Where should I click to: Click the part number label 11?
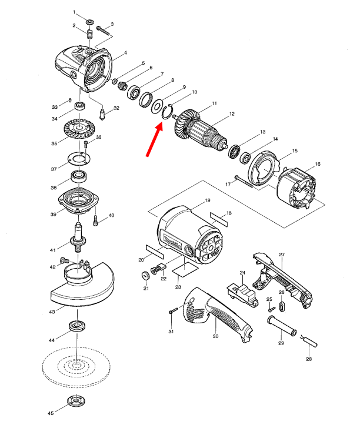click(x=214, y=103)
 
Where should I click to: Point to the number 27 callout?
click(x=282, y=255)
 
